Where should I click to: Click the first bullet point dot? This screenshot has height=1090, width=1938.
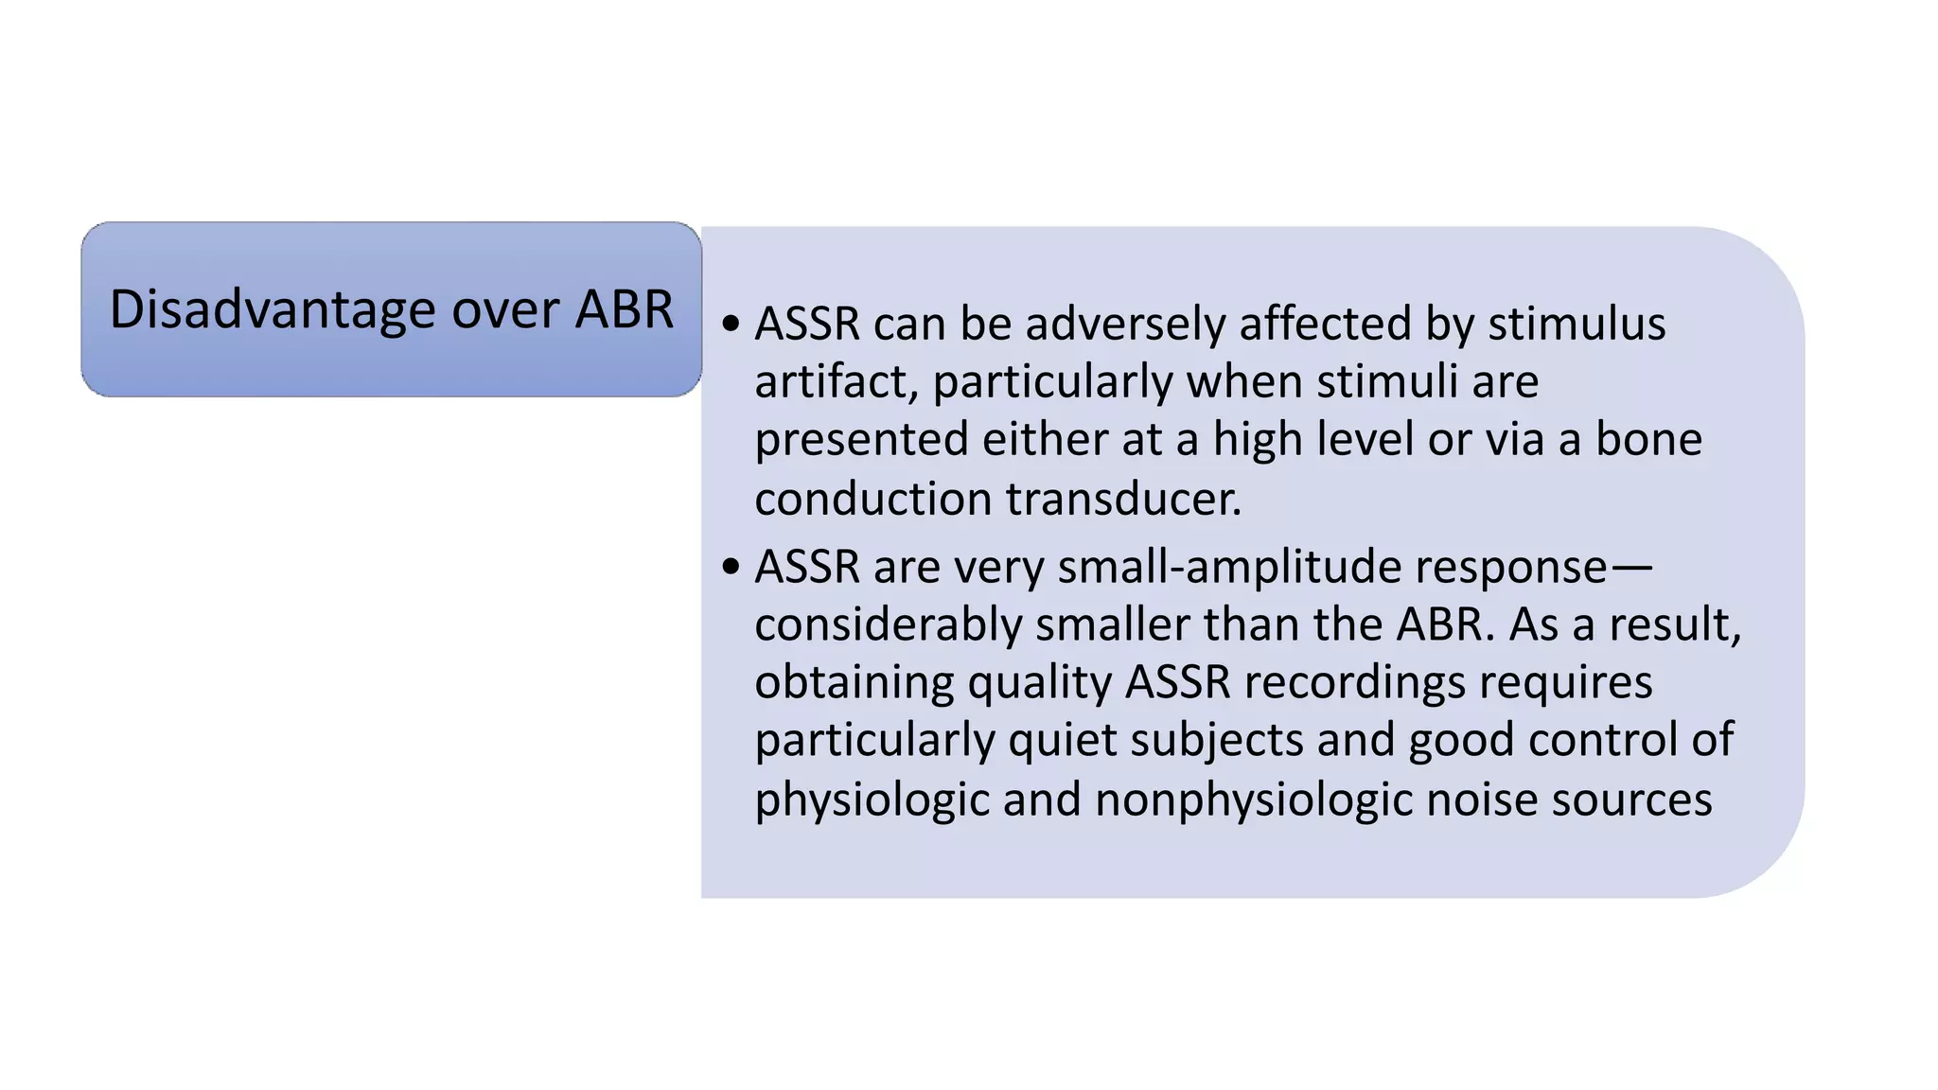[730, 324]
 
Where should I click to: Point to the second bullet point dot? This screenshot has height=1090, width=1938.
[730, 567]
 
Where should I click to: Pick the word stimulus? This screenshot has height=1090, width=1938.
[1577, 324]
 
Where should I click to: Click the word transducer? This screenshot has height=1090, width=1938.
[1123, 499]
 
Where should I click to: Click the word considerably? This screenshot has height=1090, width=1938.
[888, 624]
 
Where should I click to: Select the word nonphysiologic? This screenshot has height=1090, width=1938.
[1254, 800]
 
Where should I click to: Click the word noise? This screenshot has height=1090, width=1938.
[1482, 800]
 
